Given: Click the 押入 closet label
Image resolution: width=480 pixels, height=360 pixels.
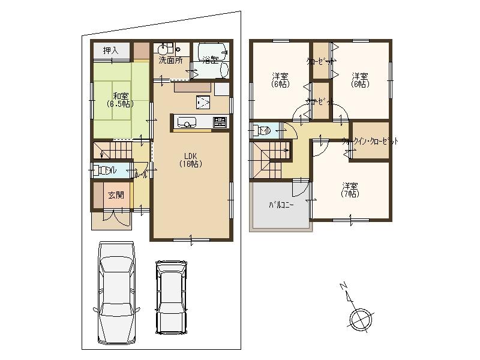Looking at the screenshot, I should click(111, 50).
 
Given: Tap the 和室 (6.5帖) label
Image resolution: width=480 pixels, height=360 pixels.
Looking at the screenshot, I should click(120, 100).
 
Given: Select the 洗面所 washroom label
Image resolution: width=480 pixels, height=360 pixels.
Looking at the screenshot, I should click(170, 61).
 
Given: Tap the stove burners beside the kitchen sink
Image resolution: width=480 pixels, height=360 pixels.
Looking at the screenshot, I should click(220, 122).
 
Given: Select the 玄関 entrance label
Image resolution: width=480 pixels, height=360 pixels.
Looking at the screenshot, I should click(115, 195).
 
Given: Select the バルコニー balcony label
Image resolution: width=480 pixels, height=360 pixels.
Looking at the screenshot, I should click(280, 205).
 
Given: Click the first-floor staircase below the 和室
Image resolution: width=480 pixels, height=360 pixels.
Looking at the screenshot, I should click(118, 149).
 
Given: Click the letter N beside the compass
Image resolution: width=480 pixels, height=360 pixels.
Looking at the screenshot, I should click(342, 287).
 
